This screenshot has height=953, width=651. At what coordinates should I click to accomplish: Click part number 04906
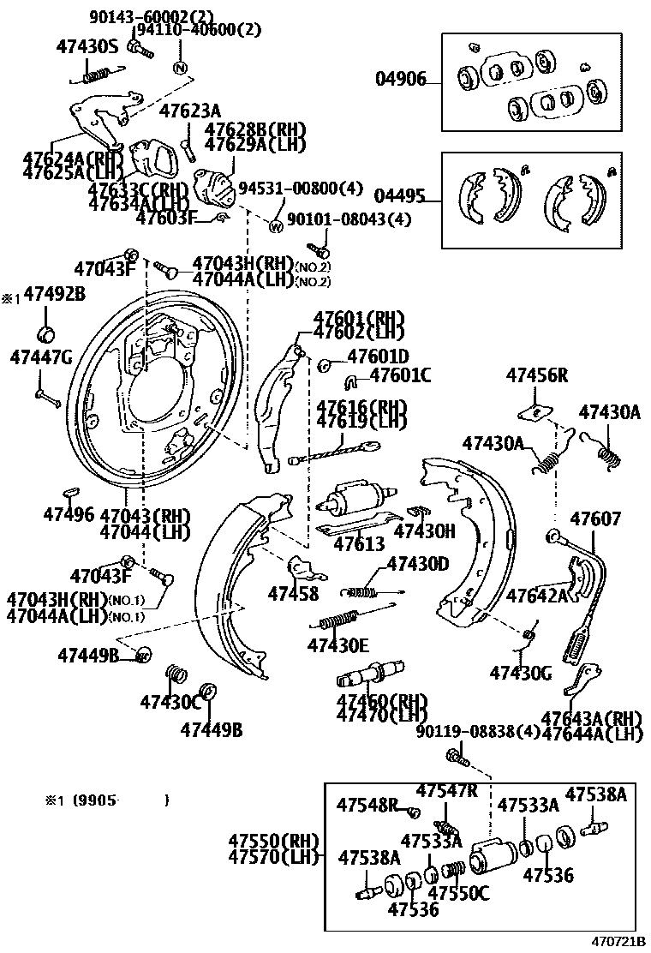coord(400,81)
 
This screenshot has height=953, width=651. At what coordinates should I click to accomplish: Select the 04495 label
coord(400,196)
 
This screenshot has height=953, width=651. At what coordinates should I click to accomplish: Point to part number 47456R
coord(537,375)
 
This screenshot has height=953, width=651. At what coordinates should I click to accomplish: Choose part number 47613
coord(359,543)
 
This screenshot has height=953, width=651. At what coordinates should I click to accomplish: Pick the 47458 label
coord(292,593)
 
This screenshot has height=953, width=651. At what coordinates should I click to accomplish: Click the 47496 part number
coord(69,514)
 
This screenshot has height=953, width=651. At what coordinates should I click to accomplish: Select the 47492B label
coord(54,294)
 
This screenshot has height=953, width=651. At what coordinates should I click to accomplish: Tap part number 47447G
coord(41,357)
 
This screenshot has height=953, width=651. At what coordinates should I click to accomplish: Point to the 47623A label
coord(190,110)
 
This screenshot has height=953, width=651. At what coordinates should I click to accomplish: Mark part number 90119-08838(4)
coord(479,731)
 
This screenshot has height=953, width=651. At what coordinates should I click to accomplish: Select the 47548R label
coord(367,805)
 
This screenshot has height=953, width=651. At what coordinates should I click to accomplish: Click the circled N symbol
coord(180,68)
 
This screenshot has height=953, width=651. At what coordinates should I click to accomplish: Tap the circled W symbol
coord(276,227)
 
